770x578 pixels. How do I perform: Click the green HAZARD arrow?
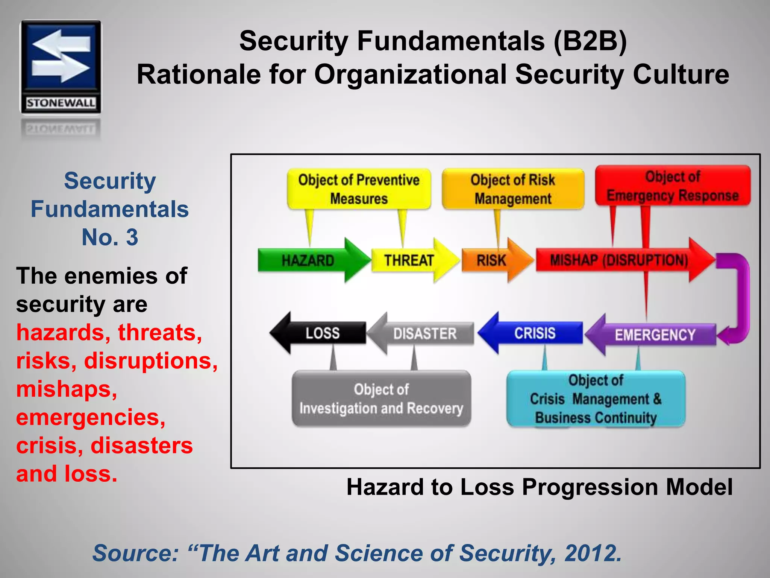click(308, 260)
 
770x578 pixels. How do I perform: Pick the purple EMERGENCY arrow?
click(654, 335)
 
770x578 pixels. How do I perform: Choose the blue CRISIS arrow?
click(534, 333)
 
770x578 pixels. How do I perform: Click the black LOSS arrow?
click(322, 333)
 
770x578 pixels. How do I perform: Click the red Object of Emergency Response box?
click(673, 186)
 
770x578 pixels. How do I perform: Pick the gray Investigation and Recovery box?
click(381, 399)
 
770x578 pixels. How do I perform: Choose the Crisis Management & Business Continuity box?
click(596, 399)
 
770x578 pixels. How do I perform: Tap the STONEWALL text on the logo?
click(61, 103)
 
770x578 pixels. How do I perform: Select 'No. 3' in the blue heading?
click(110, 237)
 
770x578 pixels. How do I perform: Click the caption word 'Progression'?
click(590, 487)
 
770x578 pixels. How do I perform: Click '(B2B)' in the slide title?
click(590, 41)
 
